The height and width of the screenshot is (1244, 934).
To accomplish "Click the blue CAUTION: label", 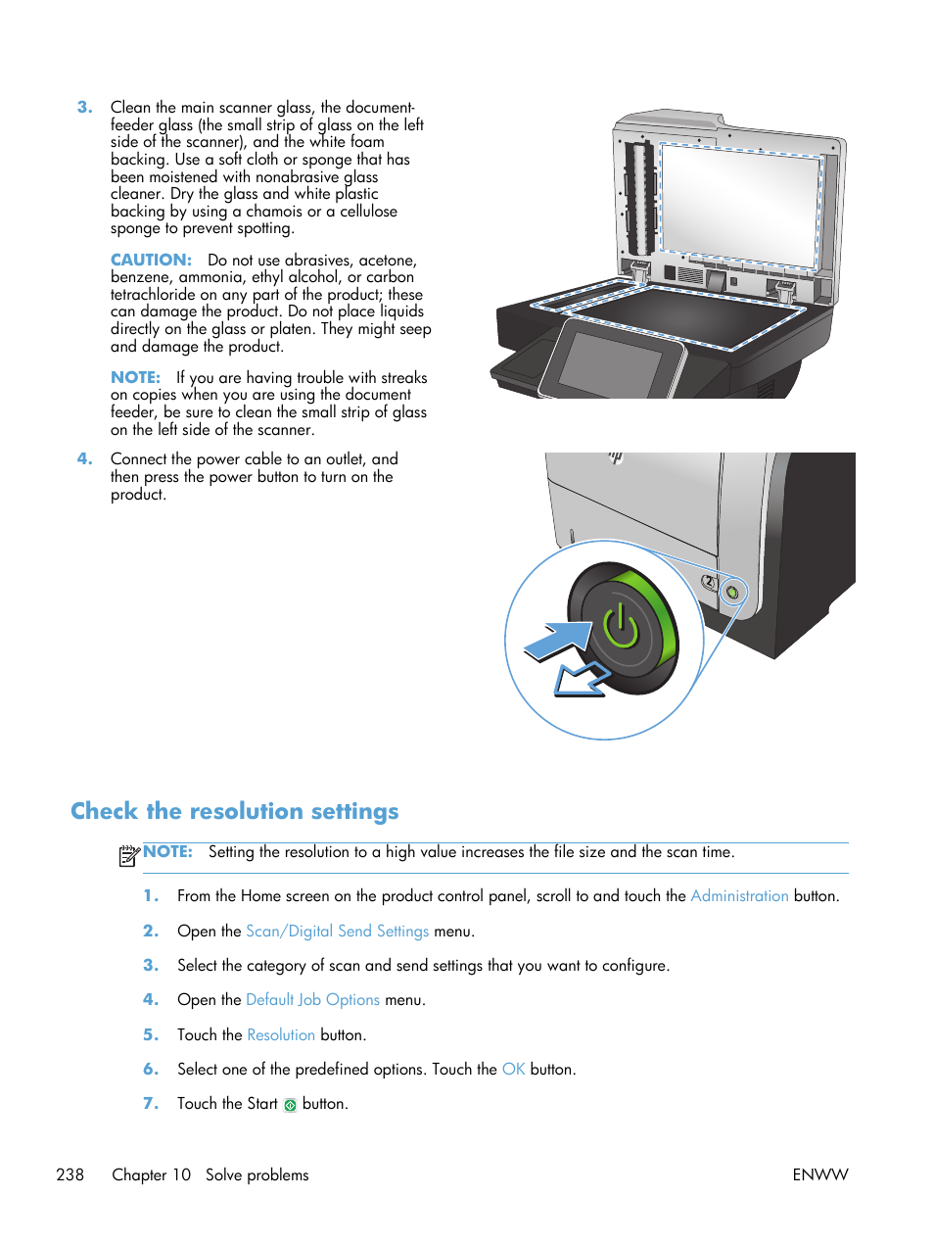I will click(151, 260).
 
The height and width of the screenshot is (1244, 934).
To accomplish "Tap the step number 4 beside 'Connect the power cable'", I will click(85, 458).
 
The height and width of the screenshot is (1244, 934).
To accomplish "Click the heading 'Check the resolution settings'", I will click(235, 811).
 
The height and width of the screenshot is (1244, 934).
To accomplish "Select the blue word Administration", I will click(739, 895).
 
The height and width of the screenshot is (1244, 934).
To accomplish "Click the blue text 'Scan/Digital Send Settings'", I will click(337, 931).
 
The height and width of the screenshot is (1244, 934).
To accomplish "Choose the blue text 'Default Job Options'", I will click(312, 999).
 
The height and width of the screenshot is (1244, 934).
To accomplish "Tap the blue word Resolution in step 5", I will click(281, 1034).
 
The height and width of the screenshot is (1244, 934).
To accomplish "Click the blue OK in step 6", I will click(513, 1069).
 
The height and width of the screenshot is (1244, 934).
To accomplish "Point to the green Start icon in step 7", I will click(290, 1105).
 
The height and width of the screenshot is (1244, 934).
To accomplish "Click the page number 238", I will click(70, 1174).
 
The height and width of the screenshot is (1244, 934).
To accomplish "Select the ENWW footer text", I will click(819, 1174).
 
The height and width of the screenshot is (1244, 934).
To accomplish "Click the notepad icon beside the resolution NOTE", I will click(128, 855).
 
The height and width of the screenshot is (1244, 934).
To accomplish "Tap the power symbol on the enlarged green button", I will click(621, 627).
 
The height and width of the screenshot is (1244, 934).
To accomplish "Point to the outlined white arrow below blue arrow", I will click(581, 679).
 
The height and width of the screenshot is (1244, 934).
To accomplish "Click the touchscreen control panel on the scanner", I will click(612, 362).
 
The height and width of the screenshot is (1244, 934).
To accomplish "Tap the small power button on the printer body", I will click(732, 592).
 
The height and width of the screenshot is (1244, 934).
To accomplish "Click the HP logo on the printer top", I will click(616, 456).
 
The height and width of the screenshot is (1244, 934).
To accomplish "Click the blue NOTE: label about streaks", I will click(135, 377).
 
